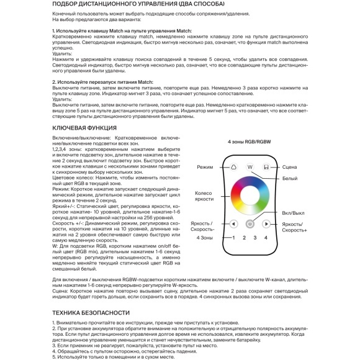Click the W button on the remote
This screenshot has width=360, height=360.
coord(250,168)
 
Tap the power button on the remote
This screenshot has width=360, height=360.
coord(250,224)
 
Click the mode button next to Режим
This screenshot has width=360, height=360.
coord(233,168)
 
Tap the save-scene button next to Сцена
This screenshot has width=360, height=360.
coord(266,168)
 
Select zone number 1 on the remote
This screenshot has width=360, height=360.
coord(233,238)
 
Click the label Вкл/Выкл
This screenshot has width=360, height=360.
coord(293,213)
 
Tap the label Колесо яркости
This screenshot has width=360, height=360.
coord(204,197)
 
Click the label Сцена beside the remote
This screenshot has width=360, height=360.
coord(289,168)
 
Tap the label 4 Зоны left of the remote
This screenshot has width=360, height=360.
coord(205,238)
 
